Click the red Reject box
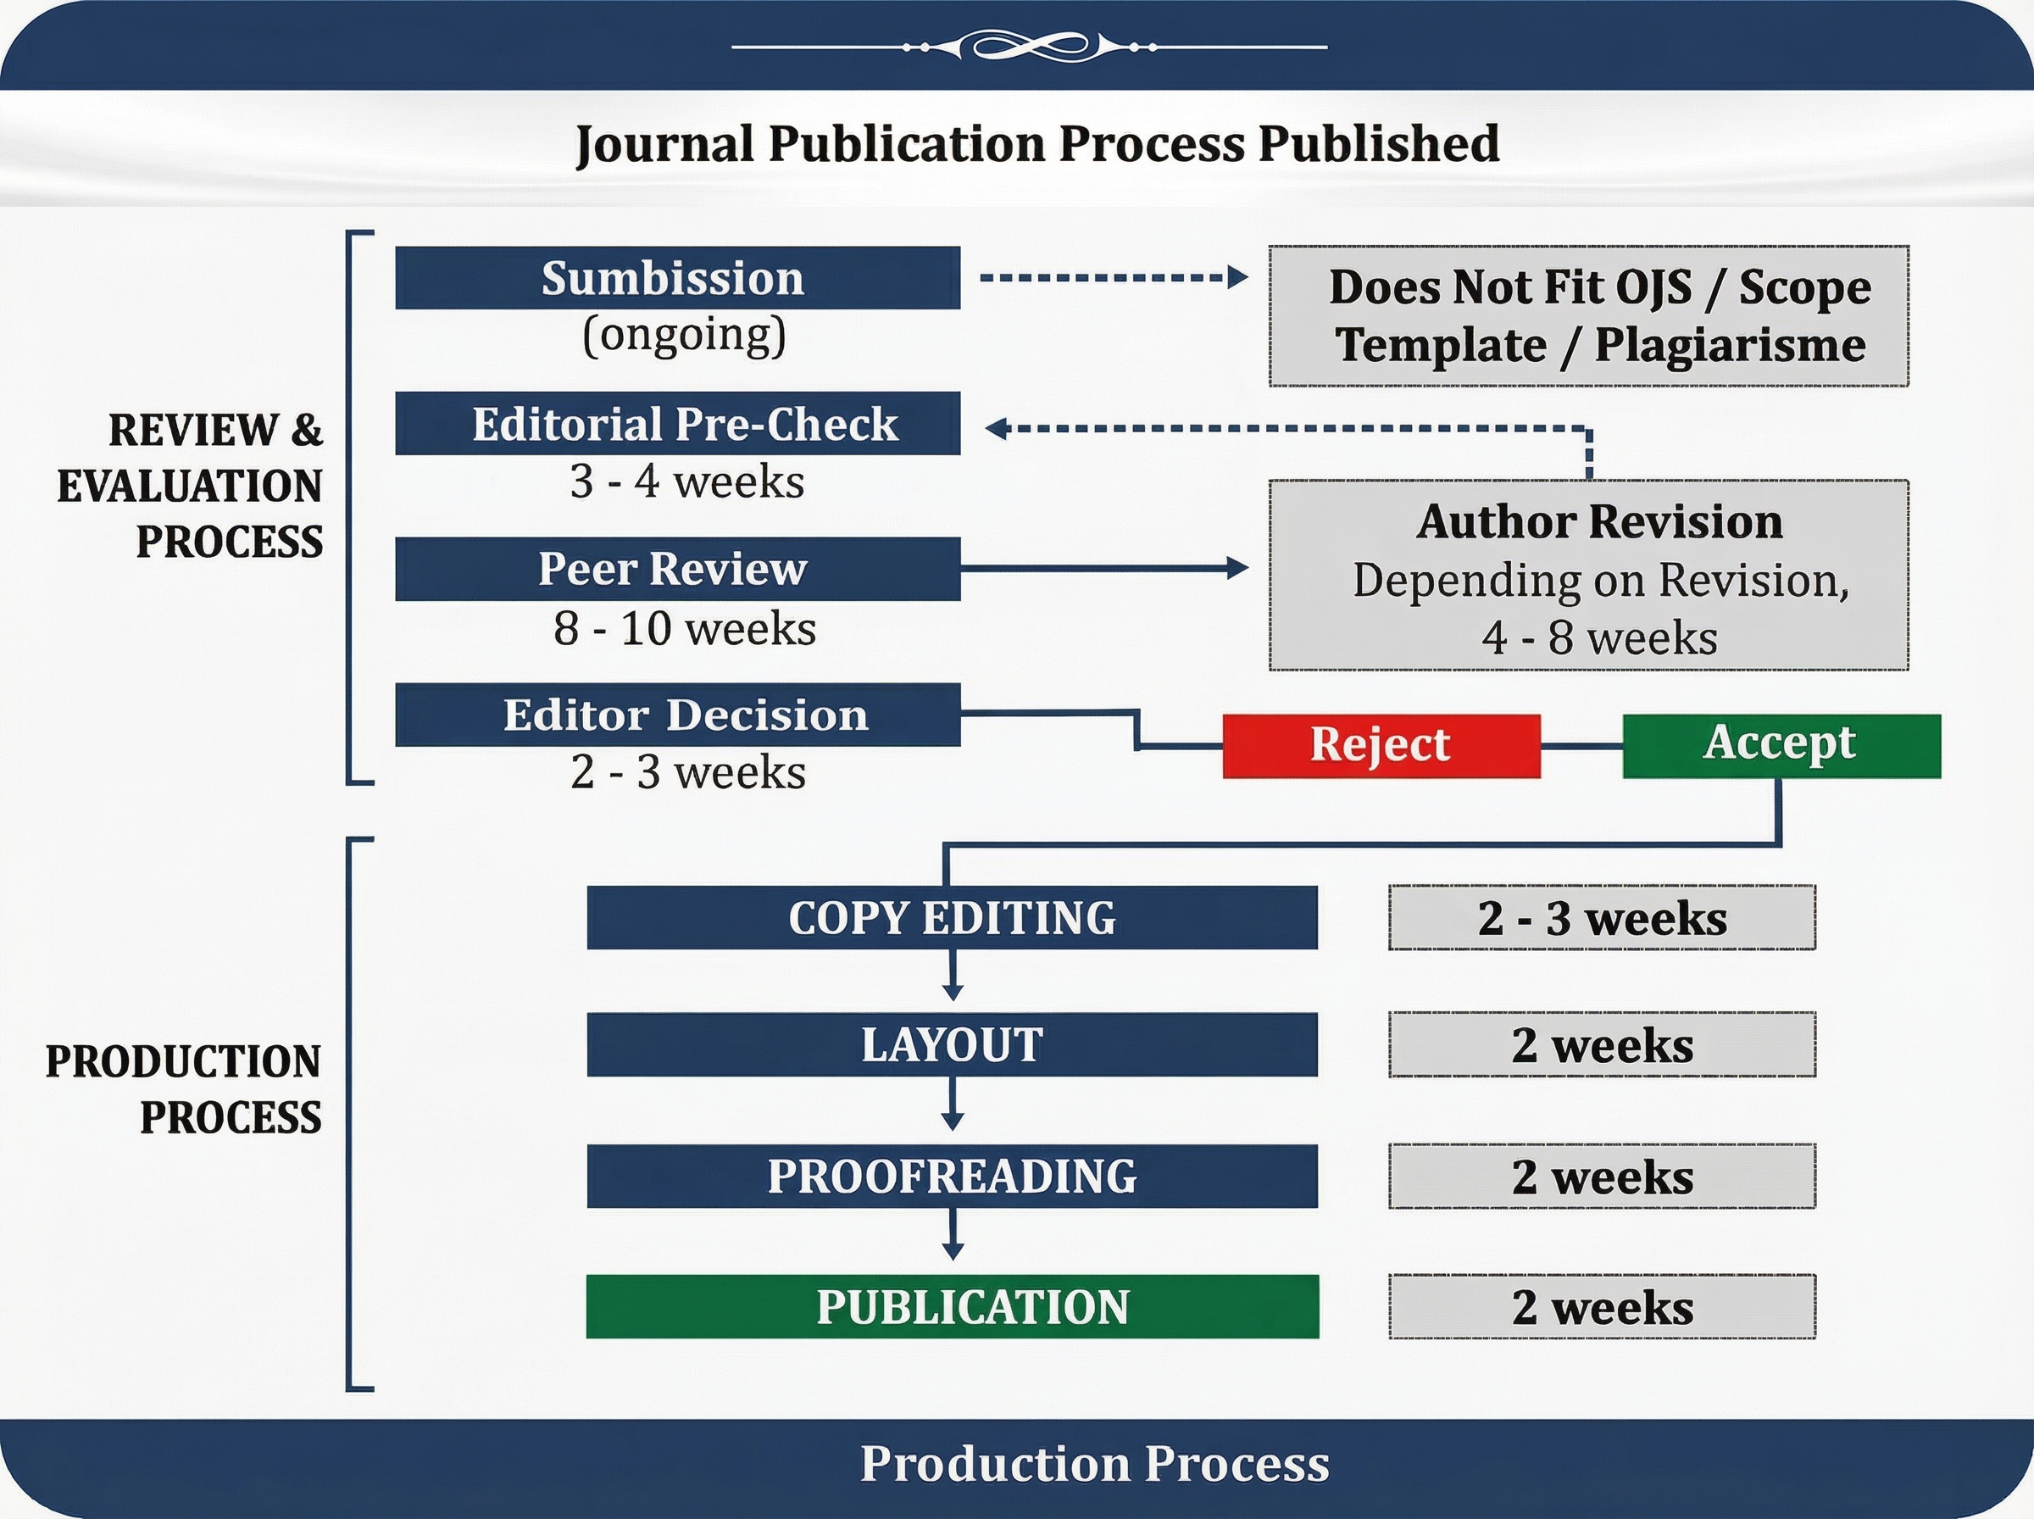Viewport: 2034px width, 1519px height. (x=1381, y=746)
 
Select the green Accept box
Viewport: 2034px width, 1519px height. (x=1781, y=746)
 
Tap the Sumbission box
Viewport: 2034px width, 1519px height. (x=677, y=278)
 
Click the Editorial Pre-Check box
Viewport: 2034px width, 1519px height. (x=677, y=423)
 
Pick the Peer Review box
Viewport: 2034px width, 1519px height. (x=677, y=569)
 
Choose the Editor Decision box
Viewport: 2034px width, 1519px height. (x=677, y=715)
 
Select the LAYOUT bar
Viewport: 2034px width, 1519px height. (x=953, y=1044)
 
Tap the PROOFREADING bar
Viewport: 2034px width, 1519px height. (x=953, y=1176)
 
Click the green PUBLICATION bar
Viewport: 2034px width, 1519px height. (x=953, y=1306)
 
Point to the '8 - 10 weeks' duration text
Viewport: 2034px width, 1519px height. (x=685, y=629)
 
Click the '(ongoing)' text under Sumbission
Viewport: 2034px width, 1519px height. (x=685, y=336)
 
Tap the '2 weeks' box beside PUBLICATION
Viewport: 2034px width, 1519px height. (x=1602, y=1306)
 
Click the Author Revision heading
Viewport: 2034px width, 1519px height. (x=1599, y=521)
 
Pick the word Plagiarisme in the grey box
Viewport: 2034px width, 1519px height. (x=1730, y=347)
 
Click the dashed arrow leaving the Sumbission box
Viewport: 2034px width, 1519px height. (x=1114, y=277)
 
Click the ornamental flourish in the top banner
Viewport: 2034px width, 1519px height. (x=1030, y=46)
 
